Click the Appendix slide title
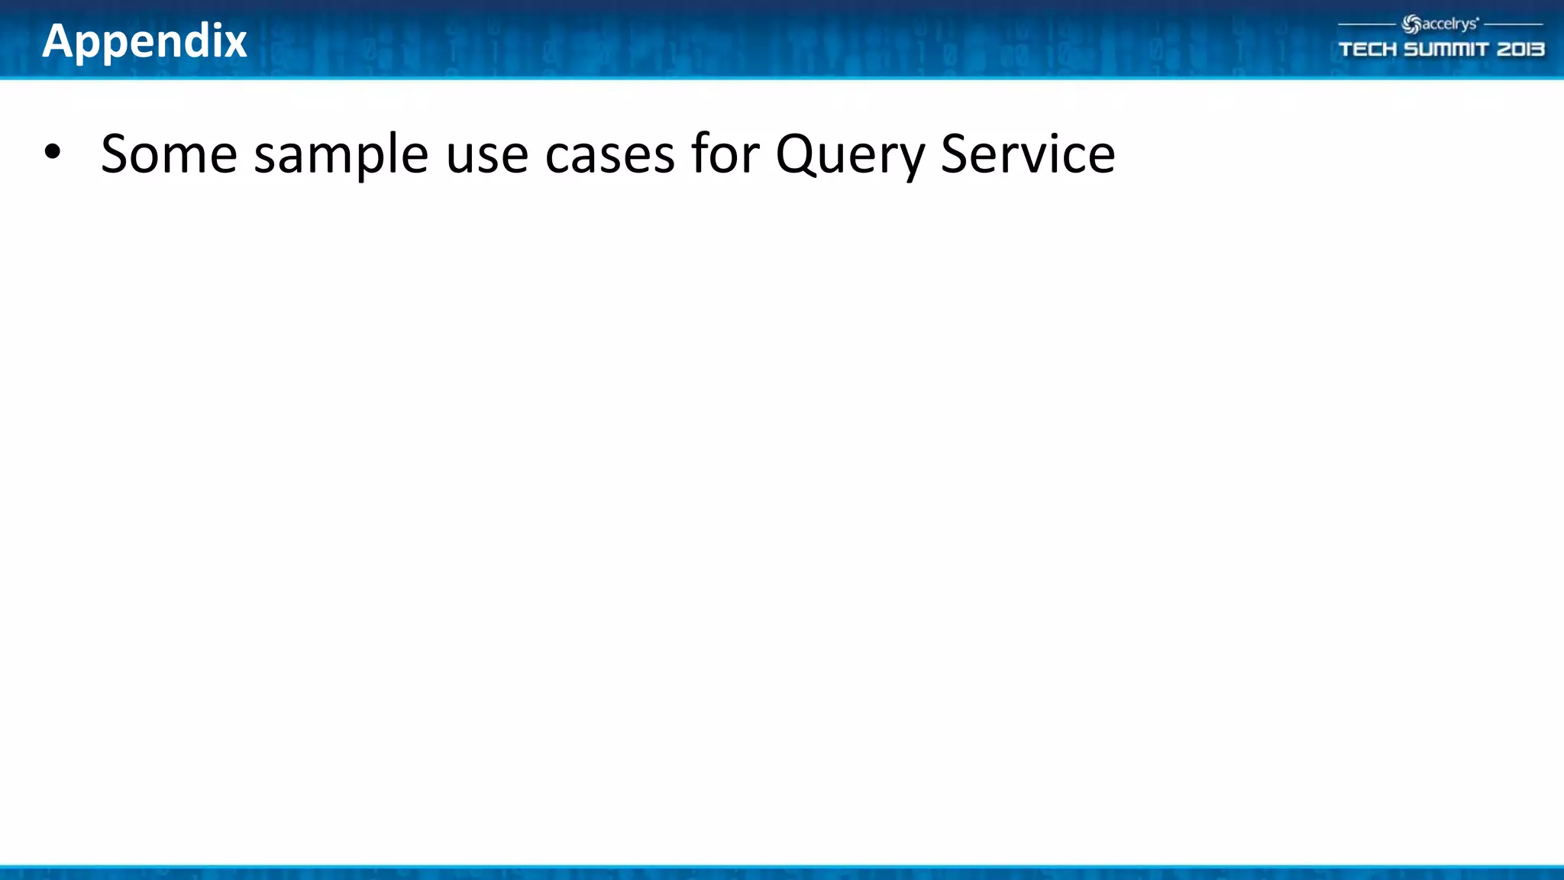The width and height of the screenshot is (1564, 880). click(144, 41)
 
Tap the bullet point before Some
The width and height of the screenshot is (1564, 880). click(52, 152)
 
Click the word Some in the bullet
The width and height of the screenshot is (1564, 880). click(169, 154)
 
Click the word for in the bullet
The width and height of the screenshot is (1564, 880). click(725, 154)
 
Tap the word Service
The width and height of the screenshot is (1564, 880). click(1027, 154)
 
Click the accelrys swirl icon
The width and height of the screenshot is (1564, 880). click(1411, 25)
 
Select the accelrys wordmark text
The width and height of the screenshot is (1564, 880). click(1449, 24)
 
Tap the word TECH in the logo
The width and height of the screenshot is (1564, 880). click(1367, 50)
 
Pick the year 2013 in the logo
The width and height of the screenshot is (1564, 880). click(1520, 50)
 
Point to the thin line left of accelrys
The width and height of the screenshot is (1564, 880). click(1367, 24)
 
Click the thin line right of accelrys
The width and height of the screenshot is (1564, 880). click(1514, 24)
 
